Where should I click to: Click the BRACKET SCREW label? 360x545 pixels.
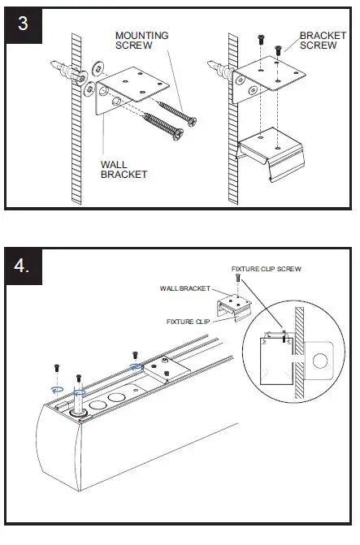coord(323,41)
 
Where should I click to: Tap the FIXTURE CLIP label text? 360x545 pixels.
coord(189,322)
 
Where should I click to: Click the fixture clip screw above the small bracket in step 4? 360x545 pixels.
coord(236,279)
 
